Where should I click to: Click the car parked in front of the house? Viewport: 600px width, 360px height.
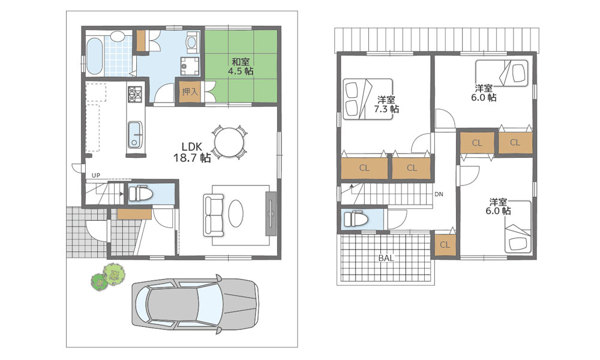point(195,305)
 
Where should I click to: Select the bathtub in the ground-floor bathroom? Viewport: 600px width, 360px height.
point(94,56)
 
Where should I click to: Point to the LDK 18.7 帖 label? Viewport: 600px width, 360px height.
point(192,152)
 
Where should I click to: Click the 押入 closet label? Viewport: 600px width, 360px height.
point(190,92)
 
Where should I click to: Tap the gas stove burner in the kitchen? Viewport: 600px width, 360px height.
point(134,94)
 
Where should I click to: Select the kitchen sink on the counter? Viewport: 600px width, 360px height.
point(134,134)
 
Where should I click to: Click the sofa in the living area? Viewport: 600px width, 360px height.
point(213,215)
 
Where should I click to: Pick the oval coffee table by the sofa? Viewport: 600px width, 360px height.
point(236,214)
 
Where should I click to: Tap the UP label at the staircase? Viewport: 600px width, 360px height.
point(95,175)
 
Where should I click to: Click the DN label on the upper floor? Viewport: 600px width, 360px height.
point(439,194)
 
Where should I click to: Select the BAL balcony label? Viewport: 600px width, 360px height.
point(386,258)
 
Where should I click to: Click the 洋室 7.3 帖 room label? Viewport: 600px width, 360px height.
point(386,104)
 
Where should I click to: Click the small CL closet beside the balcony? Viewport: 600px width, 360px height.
point(445,245)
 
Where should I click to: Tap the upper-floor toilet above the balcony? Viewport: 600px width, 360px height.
point(355,219)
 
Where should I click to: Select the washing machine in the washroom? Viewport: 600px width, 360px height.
point(190,66)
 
